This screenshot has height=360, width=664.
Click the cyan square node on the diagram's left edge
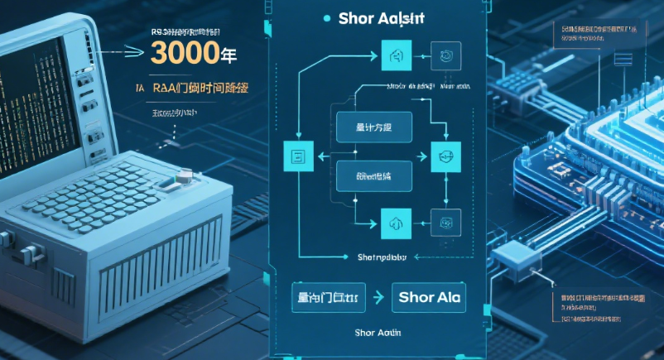tap(295, 156)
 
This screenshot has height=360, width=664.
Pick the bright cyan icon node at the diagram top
tap(395, 57)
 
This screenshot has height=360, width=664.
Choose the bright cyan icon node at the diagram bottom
tap(395, 219)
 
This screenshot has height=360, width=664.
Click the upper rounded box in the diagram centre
tap(375, 128)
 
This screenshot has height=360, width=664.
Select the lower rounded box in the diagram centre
tap(373, 177)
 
